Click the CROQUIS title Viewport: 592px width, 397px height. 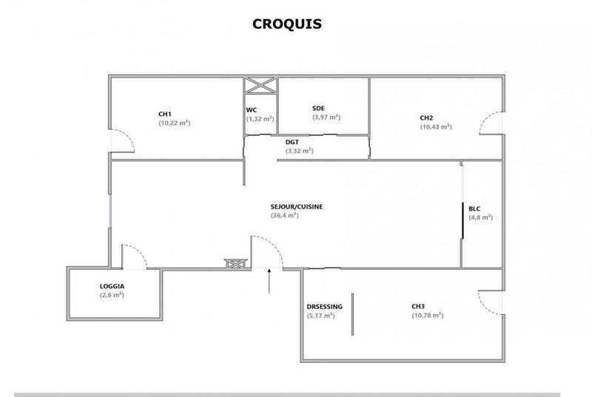tap(287, 24)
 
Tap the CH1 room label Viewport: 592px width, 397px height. tap(165, 114)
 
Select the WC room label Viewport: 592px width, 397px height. tap(252, 110)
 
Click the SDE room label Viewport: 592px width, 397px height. tap(318, 108)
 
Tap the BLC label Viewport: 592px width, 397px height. tap(474, 208)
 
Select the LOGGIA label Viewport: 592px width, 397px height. tap(112, 286)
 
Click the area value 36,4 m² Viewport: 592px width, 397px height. tap(285, 216)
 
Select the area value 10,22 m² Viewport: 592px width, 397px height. tap(175, 123)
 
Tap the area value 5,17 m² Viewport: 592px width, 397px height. tap(320, 316)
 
